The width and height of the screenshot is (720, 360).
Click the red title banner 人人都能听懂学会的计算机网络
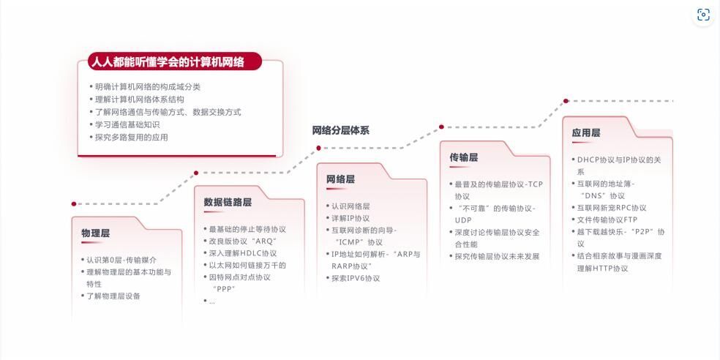pos(174,61)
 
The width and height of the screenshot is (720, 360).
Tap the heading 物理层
pos(96,233)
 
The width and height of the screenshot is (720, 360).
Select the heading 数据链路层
pos(228,202)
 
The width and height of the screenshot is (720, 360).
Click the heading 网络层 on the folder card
pos(340,179)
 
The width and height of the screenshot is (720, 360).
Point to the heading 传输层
pos(464,157)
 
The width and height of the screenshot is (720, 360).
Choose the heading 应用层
pos(586,132)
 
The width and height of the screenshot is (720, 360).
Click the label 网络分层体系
pos(341,130)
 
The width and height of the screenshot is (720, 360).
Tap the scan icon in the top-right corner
pos(703,15)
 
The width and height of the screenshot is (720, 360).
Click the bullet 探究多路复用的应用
pos(131,138)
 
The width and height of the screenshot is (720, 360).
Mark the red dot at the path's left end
pos(74,204)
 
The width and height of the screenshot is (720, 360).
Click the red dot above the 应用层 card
pos(566,101)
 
